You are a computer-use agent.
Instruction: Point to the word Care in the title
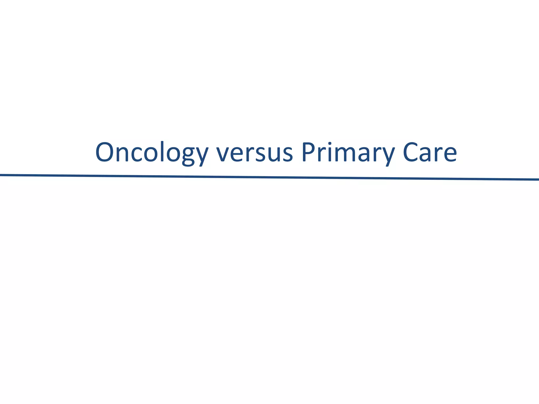coord(430,153)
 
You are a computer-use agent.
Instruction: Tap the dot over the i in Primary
coord(330,144)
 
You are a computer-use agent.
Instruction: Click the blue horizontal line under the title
coord(269,177)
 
